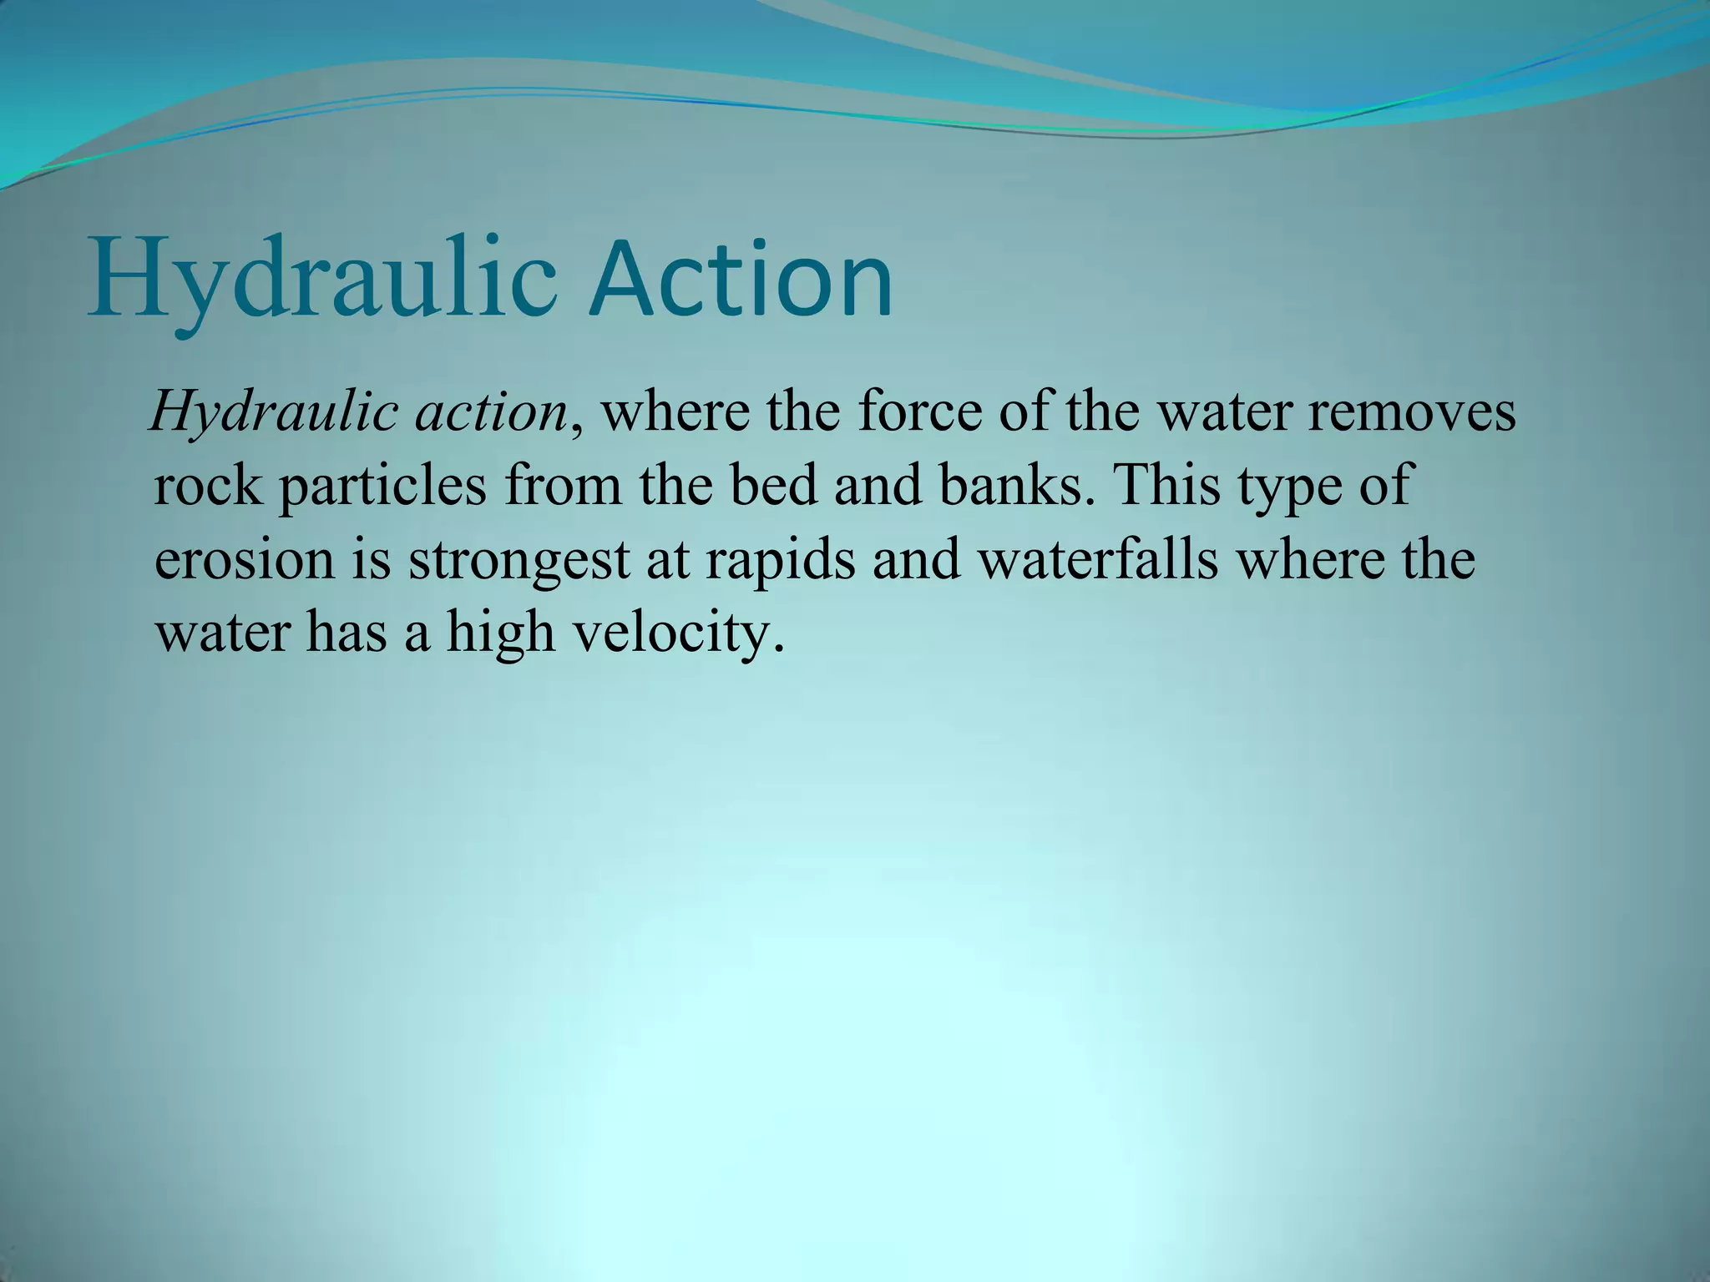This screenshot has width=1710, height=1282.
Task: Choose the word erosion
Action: [x=244, y=559]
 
